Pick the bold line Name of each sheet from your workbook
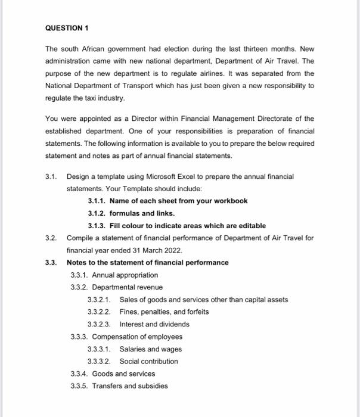click(x=178, y=201)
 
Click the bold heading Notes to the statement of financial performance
click(x=147, y=263)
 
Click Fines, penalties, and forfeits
click(x=164, y=312)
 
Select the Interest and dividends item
click(x=154, y=324)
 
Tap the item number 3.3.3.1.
click(x=100, y=349)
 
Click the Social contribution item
click(x=148, y=361)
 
